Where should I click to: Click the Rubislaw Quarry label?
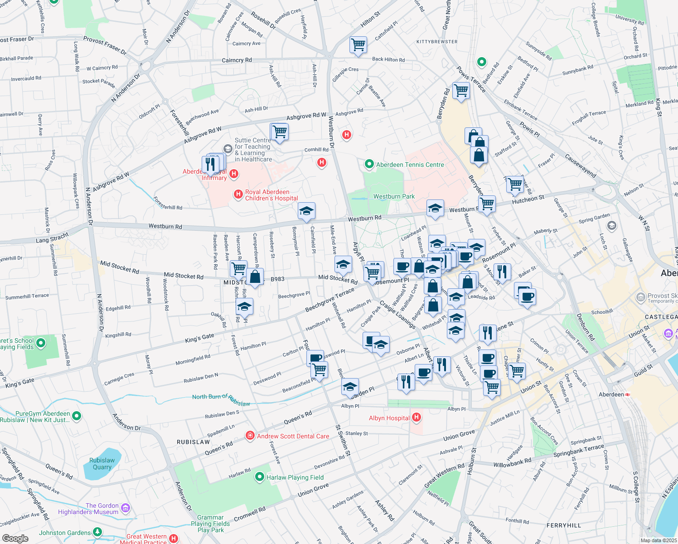point(102,464)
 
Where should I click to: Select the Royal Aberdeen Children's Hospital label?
point(271,195)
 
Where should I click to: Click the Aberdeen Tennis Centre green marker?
point(369,164)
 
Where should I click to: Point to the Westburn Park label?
point(394,196)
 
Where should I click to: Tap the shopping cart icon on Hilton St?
point(358,44)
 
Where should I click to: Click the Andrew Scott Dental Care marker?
point(250,436)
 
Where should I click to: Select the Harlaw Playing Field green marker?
point(260,477)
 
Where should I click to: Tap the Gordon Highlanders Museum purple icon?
point(126,508)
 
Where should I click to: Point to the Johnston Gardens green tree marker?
point(97,532)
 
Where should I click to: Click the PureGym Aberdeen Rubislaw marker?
point(76,415)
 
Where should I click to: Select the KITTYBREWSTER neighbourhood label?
point(437,42)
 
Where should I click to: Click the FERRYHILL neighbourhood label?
point(563,525)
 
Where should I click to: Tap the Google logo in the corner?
point(15,538)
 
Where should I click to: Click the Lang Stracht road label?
point(52,238)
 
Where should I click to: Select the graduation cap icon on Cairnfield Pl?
point(306,211)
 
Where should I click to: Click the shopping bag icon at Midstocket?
point(255,277)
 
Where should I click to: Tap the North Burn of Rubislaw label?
point(221,399)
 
